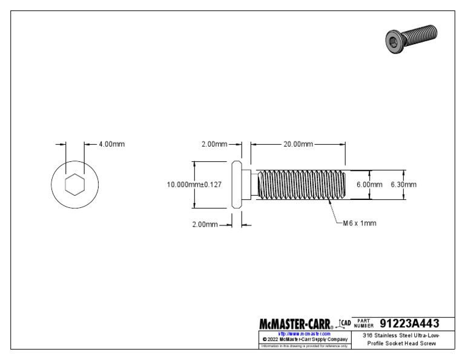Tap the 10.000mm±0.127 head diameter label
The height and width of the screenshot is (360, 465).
click(x=192, y=184)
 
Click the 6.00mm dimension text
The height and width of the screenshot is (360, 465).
click(x=369, y=184)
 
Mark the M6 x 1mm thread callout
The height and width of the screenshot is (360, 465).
click(x=360, y=223)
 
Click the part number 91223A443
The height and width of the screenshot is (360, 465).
click(x=409, y=323)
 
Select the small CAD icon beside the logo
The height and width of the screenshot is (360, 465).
click(x=345, y=324)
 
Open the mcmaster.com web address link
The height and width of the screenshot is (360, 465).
click(x=304, y=333)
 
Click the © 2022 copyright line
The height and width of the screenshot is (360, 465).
click(x=304, y=339)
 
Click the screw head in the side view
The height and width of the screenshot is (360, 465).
click(x=237, y=184)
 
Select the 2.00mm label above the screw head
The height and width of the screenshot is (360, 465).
click(x=214, y=144)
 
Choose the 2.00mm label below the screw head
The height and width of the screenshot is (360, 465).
click(x=205, y=224)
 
